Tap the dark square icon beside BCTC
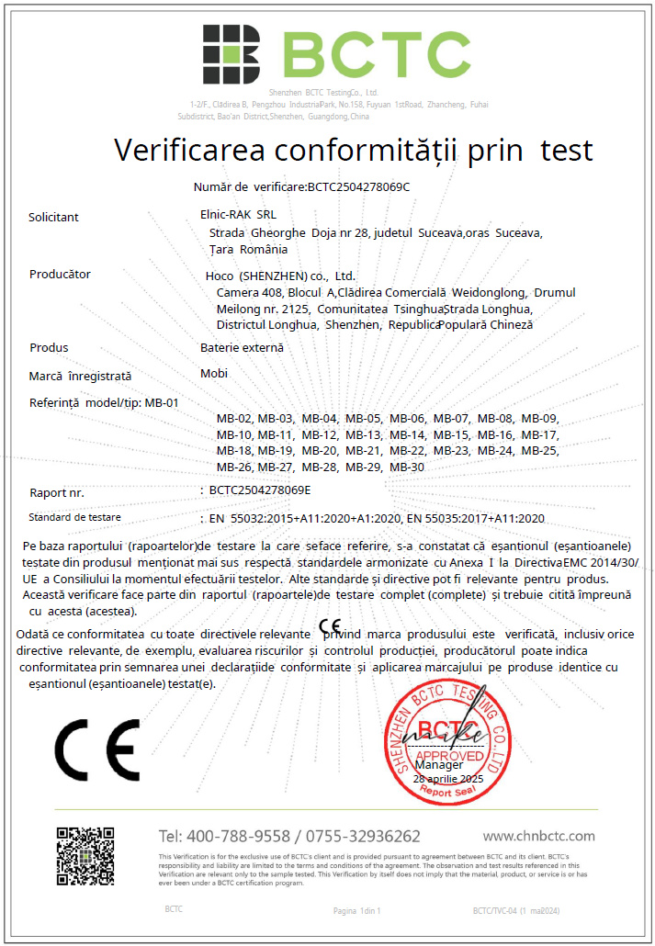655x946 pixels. (232, 54)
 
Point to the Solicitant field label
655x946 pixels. (54, 218)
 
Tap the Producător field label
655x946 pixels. (61, 274)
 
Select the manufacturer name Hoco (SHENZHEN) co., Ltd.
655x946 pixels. (280, 276)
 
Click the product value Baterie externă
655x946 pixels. (242, 347)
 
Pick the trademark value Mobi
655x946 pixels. (213, 374)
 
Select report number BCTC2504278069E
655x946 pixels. (260, 490)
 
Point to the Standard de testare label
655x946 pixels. (74, 517)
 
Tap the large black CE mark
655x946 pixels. (96, 749)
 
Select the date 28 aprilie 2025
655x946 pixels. (448, 778)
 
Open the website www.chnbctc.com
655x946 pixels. (538, 836)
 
